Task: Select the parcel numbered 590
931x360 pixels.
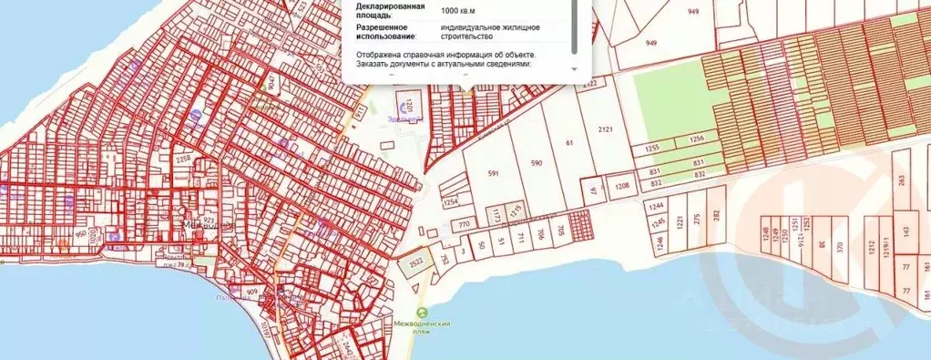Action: pos(537,163)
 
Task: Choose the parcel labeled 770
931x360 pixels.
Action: pos(463,223)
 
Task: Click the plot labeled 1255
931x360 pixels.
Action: pos(652,148)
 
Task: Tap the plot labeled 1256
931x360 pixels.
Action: pos(696,139)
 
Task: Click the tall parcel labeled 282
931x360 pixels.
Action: pos(716,215)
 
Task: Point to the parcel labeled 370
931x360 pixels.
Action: pos(839,245)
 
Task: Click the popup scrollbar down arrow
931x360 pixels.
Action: pos(574,68)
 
